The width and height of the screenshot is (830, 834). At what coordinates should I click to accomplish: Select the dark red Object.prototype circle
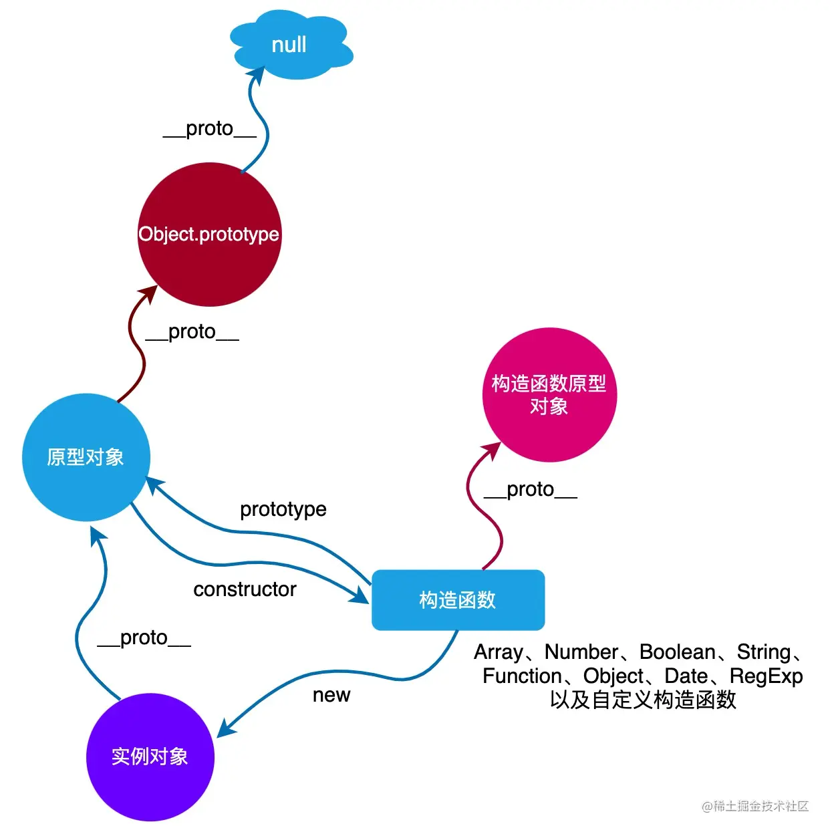tap(209, 235)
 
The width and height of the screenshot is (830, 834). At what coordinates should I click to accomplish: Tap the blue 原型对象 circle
tap(86, 457)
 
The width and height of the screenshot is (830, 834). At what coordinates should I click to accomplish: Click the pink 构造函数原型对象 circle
tap(549, 395)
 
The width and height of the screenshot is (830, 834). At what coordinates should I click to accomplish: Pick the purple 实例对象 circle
tap(150, 756)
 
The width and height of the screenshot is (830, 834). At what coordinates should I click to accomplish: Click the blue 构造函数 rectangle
tap(458, 600)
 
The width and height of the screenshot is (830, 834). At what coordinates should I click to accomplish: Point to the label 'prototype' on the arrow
tap(283, 509)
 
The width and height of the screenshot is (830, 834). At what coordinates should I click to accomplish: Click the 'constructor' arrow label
tap(245, 589)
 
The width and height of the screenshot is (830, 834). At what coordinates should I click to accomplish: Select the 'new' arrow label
tap(331, 695)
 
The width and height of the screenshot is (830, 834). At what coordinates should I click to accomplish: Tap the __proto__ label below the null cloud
tap(210, 128)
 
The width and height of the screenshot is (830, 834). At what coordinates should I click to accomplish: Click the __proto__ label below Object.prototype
tap(192, 331)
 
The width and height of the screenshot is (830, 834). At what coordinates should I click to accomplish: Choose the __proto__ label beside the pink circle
tap(531, 489)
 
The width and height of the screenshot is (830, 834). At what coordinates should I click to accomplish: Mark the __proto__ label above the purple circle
tap(144, 638)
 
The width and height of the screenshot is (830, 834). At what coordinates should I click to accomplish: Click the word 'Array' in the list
tap(499, 652)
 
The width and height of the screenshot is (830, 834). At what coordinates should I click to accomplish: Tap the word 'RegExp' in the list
tap(766, 676)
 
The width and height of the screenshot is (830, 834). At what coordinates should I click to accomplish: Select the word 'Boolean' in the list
tap(677, 652)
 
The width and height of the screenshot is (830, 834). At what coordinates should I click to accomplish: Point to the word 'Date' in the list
tap(686, 676)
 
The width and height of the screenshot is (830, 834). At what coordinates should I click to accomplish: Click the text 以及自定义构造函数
tap(643, 700)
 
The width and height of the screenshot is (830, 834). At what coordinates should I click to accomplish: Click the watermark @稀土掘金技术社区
tap(755, 806)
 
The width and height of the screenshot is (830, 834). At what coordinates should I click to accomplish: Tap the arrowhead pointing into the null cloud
tap(257, 74)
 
